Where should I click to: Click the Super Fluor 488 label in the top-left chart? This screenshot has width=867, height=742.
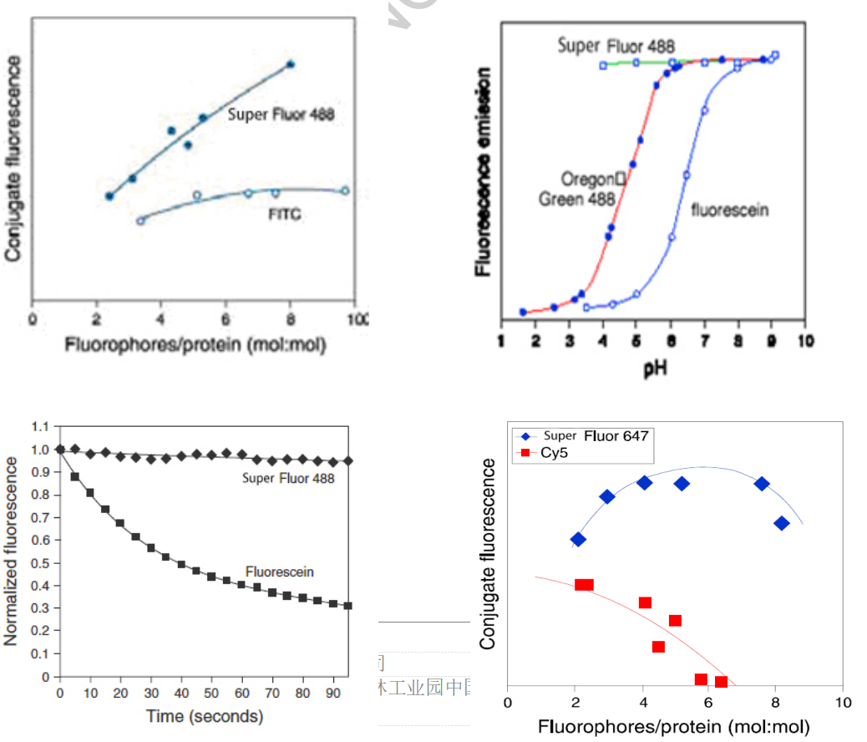pyautogui.click(x=281, y=114)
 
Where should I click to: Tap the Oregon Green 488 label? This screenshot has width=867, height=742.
pyautogui.click(x=577, y=190)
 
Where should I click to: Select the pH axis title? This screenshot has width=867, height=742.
pyautogui.click(x=655, y=367)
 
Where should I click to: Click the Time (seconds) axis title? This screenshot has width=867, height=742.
pyautogui.click(x=204, y=716)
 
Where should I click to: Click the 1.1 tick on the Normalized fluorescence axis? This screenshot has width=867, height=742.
pyautogui.click(x=40, y=427)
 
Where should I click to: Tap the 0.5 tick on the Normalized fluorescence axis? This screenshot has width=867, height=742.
pyautogui.click(x=40, y=563)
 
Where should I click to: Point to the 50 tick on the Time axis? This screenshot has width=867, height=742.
pyautogui.click(x=211, y=694)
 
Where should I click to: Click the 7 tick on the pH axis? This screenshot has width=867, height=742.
pyautogui.click(x=705, y=341)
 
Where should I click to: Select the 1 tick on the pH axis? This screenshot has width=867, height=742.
pyautogui.click(x=500, y=341)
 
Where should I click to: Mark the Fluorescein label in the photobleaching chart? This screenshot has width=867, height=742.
pyautogui.click(x=280, y=572)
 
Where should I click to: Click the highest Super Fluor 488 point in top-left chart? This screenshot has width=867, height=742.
pyautogui.click(x=290, y=64)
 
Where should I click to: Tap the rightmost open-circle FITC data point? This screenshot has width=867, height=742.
pyautogui.click(x=344, y=191)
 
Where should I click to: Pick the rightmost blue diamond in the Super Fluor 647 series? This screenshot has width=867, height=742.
pyautogui.click(x=782, y=523)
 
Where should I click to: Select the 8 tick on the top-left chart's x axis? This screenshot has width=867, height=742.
pyautogui.click(x=290, y=319)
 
